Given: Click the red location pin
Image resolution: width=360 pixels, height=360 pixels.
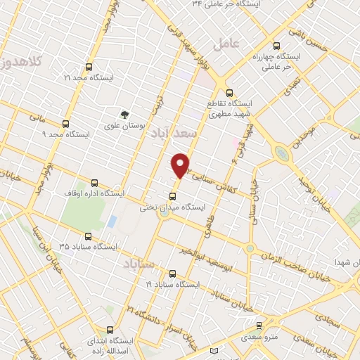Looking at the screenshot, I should [181, 165].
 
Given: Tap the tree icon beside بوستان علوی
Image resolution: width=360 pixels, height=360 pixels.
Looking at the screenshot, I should [124, 114].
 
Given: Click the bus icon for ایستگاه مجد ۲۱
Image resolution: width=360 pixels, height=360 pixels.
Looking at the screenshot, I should [88, 67].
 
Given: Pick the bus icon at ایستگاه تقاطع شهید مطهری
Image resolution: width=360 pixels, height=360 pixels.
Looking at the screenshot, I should [229, 93].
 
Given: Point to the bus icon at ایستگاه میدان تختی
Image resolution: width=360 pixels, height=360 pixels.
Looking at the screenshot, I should [173, 196].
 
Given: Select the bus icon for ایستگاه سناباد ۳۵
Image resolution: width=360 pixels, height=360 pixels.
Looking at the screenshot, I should [88, 236].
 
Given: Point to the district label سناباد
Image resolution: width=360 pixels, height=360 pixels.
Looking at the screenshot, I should [137, 264].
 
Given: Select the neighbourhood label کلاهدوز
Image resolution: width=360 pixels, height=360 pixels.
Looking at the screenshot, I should [21, 63].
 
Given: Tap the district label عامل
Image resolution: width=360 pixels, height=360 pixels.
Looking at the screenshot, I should [226, 43].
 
